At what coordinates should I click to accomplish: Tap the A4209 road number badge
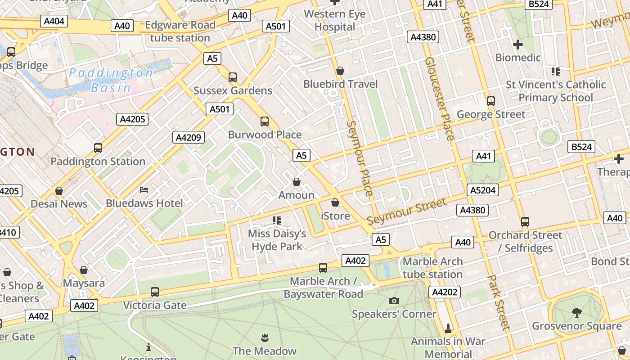[x=189, y=137]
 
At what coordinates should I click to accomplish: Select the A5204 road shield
[x=482, y=190]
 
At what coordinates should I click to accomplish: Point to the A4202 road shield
[x=444, y=292]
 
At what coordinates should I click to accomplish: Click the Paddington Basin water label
[x=111, y=80]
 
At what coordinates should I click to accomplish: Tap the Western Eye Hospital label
[x=335, y=20]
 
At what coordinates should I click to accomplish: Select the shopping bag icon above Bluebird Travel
[x=340, y=71]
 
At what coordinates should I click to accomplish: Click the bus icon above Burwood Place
[x=265, y=121]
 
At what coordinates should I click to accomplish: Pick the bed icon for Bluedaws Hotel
[x=144, y=189]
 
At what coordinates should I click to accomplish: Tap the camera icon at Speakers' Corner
[x=394, y=301]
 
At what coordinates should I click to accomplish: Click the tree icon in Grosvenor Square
[x=576, y=312]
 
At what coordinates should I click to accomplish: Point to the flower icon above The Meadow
[x=265, y=337]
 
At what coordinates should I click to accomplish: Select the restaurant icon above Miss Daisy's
[x=277, y=220]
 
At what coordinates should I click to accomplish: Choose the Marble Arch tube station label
[x=432, y=268]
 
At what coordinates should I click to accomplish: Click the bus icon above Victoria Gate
[x=155, y=292]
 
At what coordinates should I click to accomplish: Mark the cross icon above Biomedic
[x=518, y=44]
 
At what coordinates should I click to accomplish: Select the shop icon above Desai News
[x=58, y=191]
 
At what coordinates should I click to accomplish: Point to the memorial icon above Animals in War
[x=448, y=328]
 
